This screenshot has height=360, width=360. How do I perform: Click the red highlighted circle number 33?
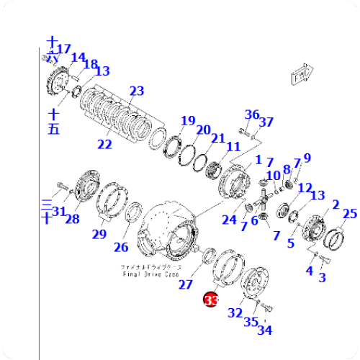210,300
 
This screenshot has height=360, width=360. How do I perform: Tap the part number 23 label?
137,91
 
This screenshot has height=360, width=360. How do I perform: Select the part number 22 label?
105,144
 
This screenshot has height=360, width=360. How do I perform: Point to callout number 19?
188,121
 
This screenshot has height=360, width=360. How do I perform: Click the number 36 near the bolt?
251,114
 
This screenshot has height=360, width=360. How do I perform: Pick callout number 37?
266,122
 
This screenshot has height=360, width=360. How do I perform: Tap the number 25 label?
350,213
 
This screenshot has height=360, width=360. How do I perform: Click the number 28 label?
72,218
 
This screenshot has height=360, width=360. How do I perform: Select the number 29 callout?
99,233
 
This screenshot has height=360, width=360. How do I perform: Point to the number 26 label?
121,248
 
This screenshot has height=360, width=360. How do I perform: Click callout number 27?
186,284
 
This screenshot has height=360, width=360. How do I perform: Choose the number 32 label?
235,312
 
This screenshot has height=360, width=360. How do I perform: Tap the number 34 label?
265,330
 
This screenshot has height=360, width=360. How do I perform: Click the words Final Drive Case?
150,274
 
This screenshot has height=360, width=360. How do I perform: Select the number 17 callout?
64,49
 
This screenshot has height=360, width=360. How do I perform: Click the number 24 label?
229,220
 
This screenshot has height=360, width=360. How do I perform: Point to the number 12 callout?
304,188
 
